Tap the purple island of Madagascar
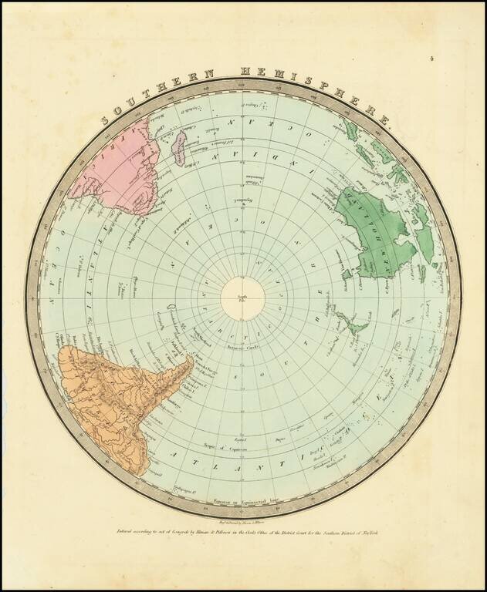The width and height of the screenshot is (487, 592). tap(180, 147)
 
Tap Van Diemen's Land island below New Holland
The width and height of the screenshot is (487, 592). tap(347, 274)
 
